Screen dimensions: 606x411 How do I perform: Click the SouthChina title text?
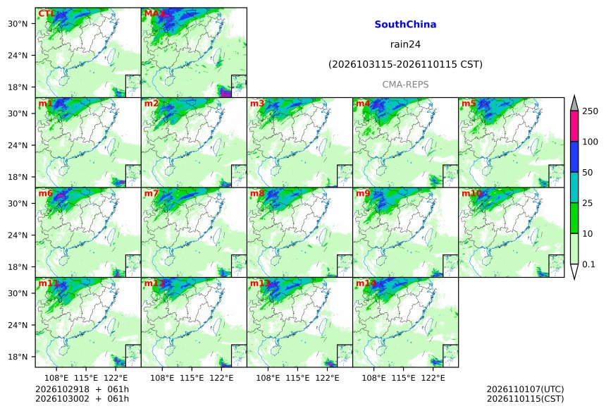click(x=405, y=25)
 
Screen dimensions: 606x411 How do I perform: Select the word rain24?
click(x=405, y=44)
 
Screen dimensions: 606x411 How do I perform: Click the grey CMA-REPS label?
click(x=405, y=85)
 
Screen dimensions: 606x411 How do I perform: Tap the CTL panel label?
click(x=47, y=14)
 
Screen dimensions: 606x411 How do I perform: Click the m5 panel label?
click(x=469, y=104)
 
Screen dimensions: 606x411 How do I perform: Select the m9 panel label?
click(x=363, y=193)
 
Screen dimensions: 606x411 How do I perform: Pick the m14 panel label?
click(x=366, y=283)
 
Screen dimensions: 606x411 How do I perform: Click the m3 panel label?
click(x=257, y=104)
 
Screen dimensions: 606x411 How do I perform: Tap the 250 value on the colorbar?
click(x=590, y=111)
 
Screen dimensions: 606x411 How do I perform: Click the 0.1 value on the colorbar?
click(x=588, y=264)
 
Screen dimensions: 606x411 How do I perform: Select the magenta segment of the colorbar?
click(x=574, y=126)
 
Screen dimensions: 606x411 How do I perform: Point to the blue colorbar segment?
click(x=574, y=157)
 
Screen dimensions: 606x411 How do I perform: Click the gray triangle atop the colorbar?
click(x=574, y=104)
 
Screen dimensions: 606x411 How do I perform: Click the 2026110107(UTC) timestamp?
click(x=525, y=389)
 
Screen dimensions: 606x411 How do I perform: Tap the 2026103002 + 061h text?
click(x=82, y=399)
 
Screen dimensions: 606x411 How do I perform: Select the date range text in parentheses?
click(x=405, y=64)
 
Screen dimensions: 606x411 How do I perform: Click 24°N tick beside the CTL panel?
click(x=18, y=55)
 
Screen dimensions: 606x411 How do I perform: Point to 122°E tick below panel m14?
click(x=433, y=378)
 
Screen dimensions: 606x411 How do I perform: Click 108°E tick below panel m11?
click(x=56, y=378)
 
